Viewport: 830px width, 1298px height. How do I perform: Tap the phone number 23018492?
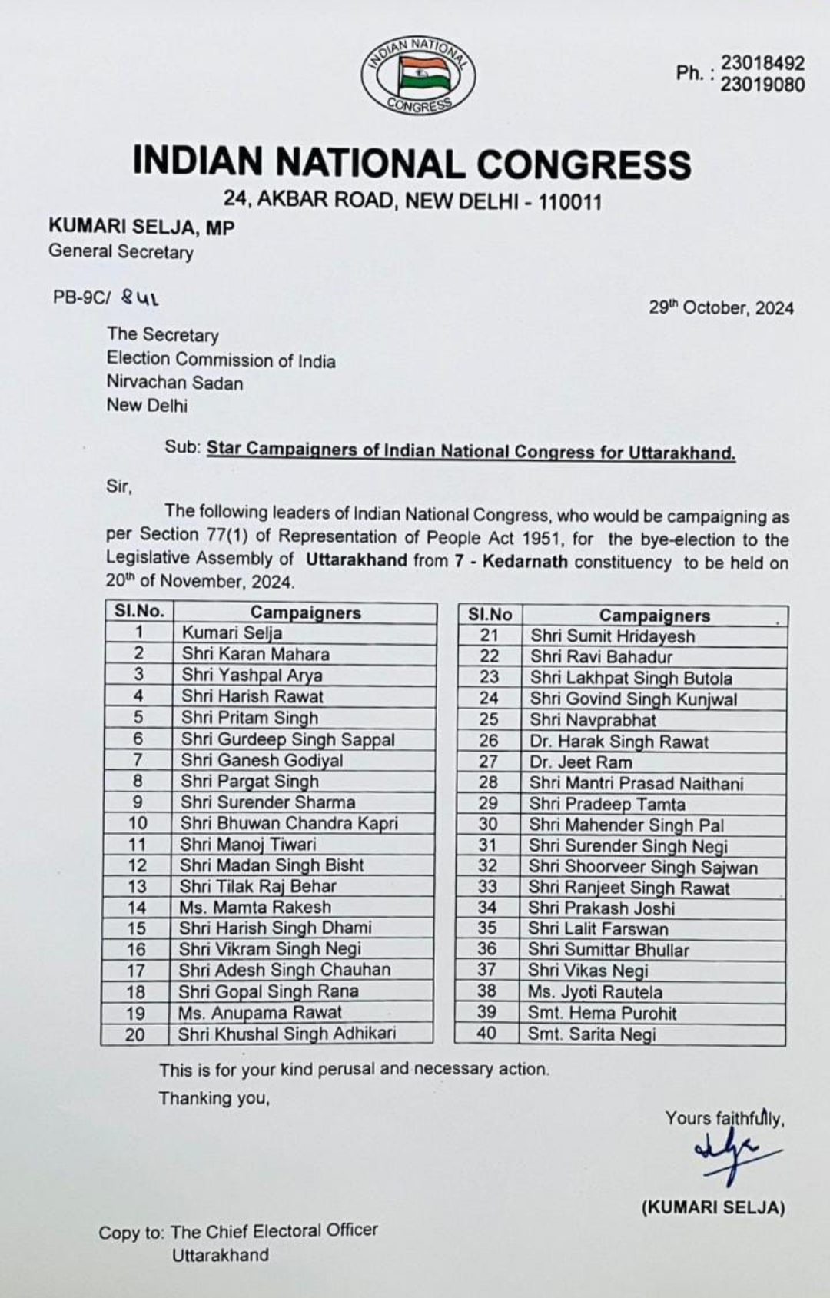click(762, 63)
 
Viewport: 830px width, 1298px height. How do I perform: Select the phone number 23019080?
click(762, 85)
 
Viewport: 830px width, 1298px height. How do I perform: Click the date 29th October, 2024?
click(721, 308)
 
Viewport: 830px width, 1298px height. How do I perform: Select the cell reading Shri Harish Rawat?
click(253, 696)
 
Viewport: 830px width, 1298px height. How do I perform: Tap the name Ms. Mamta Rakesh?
click(255, 907)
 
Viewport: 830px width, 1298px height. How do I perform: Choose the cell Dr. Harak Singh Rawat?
click(619, 742)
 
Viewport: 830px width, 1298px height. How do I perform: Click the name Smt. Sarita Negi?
click(591, 1034)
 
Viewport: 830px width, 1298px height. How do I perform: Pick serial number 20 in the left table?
click(134, 1034)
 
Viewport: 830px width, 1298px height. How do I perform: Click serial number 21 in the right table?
click(489, 636)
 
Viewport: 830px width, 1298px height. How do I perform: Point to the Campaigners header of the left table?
click(305, 612)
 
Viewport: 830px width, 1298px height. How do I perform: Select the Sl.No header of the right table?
click(490, 615)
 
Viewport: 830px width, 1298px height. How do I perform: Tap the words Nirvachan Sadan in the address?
click(174, 383)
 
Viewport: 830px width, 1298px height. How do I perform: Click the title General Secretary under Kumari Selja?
click(121, 251)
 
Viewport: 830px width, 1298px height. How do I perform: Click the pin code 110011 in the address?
click(569, 202)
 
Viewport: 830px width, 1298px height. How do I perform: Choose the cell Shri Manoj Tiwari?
click(248, 844)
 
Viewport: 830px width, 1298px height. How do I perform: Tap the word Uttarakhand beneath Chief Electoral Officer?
click(220, 1255)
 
